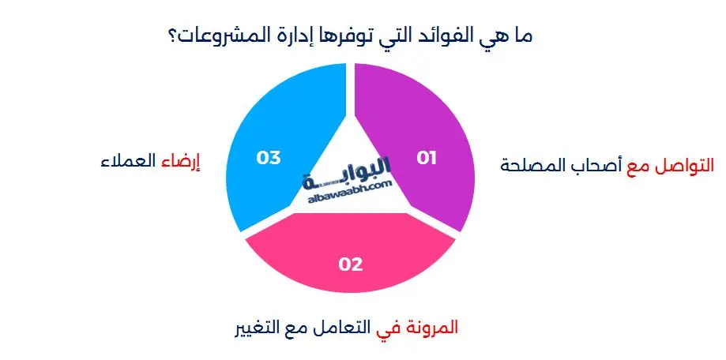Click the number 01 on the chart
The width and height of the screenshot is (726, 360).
point(427,158)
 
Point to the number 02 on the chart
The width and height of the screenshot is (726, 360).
point(350,264)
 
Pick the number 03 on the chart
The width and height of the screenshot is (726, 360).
point(269,158)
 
